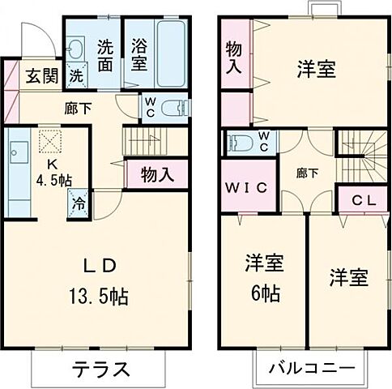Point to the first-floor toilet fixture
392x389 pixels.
[175, 109]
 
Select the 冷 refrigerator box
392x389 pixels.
[80, 203]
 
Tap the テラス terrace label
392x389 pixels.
[102, 370]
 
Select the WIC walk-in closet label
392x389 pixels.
[248, 188]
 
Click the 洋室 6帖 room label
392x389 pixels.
[264, 278]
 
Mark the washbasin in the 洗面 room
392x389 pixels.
[76, 49]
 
